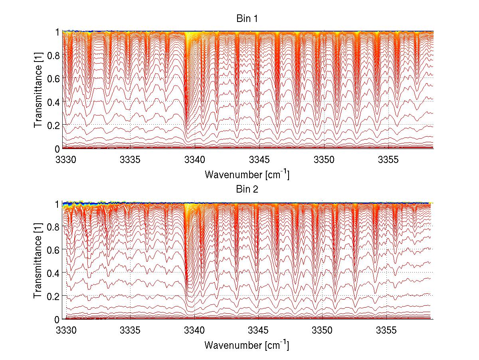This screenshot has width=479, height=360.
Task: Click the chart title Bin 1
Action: [x=247, y=18]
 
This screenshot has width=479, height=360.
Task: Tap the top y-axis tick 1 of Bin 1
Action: [x=57, y=32]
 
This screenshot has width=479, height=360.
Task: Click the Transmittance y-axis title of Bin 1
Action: [x=38, y=90]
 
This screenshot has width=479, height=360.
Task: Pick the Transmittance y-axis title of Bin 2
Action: [x=38, y=261]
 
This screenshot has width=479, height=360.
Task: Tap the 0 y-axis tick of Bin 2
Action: [x=57, y=319]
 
